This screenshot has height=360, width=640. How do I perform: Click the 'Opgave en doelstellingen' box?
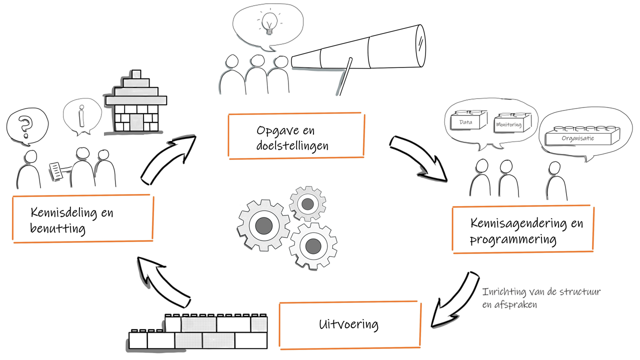click(x=295, y=136)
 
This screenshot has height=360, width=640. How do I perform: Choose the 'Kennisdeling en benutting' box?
click(x=82, y=219)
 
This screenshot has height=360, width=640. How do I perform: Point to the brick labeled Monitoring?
click(x=509, y=123)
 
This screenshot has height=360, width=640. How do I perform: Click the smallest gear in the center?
click(x=307, y=203)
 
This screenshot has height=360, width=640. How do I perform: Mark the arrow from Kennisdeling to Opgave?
click(x=167, y=157)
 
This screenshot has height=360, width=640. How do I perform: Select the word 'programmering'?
click(x=513, y=239)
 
